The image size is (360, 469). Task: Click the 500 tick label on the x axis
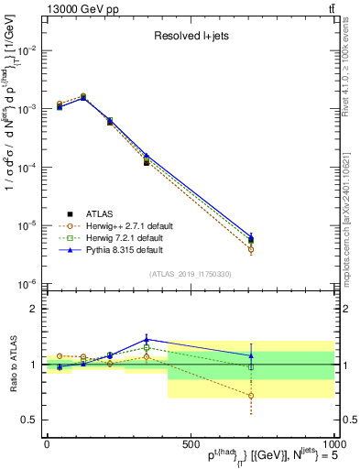coord(190,443)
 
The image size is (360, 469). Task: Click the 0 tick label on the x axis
coord(46,443)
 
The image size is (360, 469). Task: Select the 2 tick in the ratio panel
coord(31,309)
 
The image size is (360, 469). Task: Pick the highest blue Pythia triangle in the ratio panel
coord(146,339)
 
